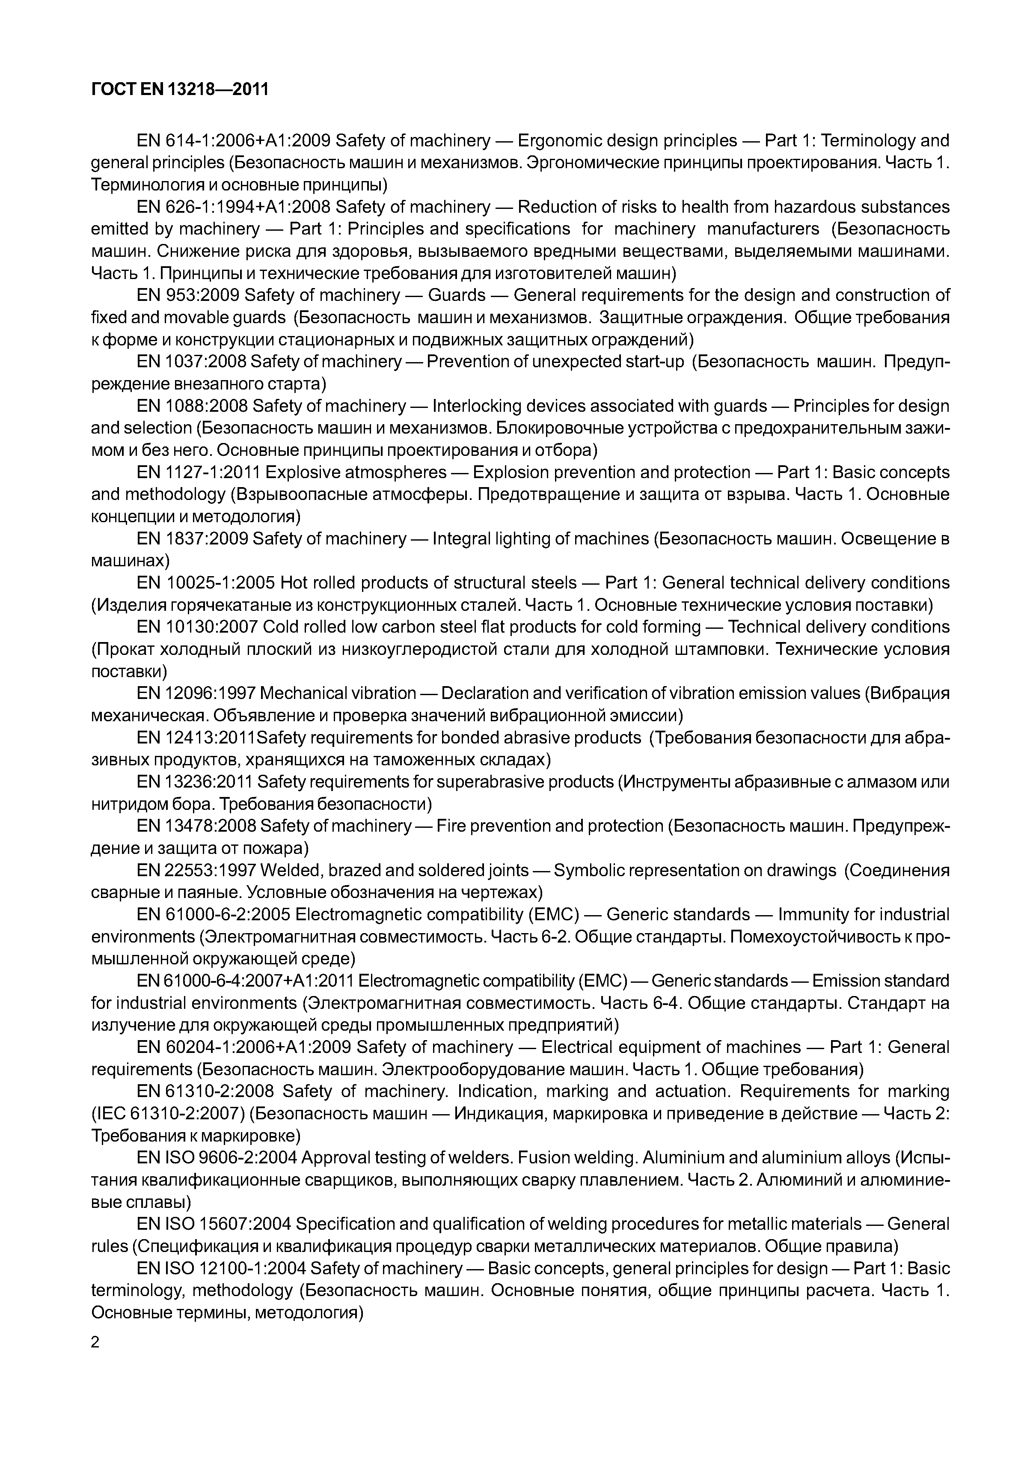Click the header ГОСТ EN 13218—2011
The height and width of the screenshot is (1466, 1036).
[179, 90]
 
